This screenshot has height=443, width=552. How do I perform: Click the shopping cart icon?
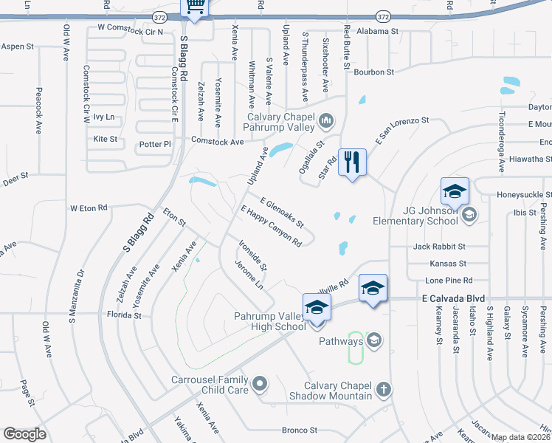(196, 7)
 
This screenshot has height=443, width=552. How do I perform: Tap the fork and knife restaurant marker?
(351, 162)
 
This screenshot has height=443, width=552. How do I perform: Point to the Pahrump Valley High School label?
(269, 321)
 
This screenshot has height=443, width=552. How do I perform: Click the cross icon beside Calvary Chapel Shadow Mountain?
(383, 388)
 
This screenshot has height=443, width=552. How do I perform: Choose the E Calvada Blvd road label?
(453, 298)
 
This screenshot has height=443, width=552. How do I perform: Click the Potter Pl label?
(153, 144)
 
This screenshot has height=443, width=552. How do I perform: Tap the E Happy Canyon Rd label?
(271, 225)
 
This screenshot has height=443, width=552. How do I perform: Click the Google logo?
(25, 434)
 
